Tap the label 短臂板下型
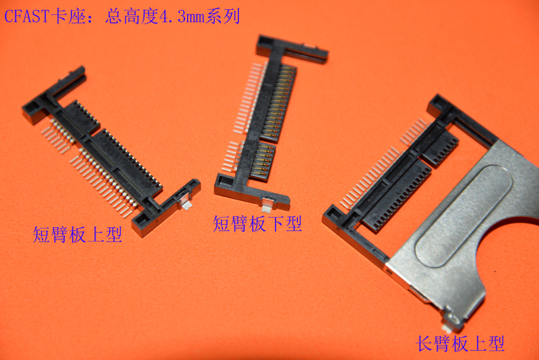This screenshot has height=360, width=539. click(x=257, y=223)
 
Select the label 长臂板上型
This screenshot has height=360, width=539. click(x=460, y=343)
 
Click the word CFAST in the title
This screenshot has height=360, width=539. click(x=26, y=16)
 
